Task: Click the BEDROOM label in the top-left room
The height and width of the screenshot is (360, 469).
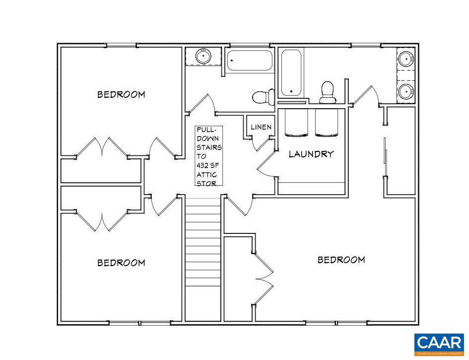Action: (121, 94)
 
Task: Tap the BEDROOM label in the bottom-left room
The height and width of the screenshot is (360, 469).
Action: (121, 263)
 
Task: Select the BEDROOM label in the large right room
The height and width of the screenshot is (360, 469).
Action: (341, 260)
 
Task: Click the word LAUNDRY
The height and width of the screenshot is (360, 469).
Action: (311, 154)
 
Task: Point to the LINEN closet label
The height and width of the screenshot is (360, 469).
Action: (261, 127)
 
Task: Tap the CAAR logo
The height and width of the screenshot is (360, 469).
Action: (438, 344)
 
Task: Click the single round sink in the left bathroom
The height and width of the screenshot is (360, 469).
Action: (203, 56)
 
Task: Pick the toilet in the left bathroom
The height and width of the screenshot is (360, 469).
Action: (263, 96)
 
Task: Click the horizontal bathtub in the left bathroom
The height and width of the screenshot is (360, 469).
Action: (250, 61)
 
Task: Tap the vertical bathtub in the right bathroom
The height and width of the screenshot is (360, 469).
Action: (291, 73)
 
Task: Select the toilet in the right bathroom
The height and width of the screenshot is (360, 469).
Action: (327, 92)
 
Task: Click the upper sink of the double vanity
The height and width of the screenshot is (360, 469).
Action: (406, 59)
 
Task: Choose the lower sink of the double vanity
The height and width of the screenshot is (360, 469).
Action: (406, 91)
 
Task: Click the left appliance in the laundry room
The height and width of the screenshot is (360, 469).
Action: (296, 122)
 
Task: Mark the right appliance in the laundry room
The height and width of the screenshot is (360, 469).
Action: (326, 122)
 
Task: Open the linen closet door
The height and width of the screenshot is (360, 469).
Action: (261, 144)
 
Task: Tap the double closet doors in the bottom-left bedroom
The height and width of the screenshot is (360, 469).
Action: (102, 221)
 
